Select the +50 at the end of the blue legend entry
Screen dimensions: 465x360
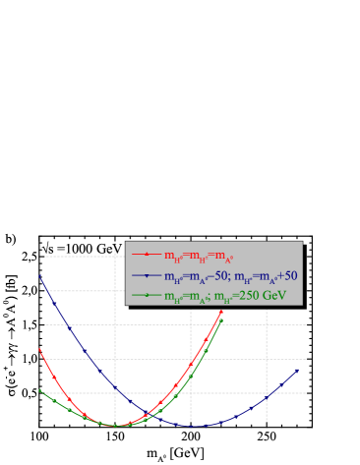tap(287, 276)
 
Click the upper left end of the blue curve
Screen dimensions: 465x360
tap(40, 276)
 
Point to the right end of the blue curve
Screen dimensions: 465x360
tap(298, 371)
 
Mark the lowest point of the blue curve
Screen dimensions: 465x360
tap(196, 426)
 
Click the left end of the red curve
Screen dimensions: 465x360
tap(40, 349)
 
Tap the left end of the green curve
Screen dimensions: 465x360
tap(40, 390)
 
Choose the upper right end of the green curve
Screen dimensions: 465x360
tap(221, 320)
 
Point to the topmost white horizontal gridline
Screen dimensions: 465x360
tap(79, 257)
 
